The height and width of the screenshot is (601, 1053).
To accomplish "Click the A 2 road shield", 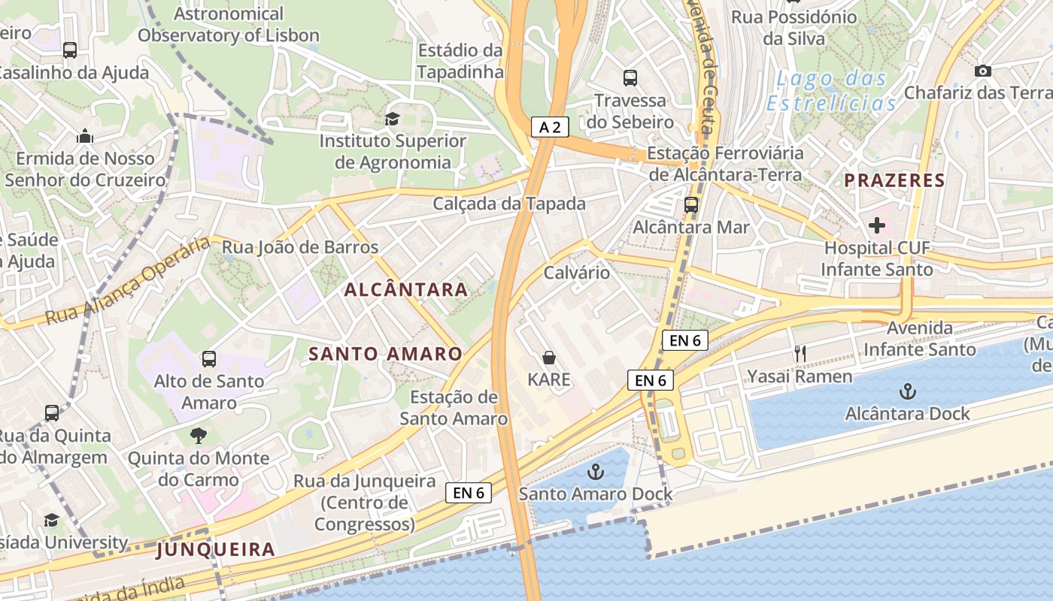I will click(x=550, y=127).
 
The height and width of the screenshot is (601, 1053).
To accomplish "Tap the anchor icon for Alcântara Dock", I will click(x=908, y=391).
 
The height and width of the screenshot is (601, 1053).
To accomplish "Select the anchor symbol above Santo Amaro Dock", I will click(x=596, y=472).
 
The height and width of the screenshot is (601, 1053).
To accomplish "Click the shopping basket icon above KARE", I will click(x=549, y=358).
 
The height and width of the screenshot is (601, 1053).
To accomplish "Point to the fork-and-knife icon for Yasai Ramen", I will click(x=800, y=354).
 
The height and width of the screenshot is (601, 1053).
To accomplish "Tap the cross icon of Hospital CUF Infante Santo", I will click(x=876, y=225).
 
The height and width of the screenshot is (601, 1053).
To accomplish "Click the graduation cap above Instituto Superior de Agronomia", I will click(x=391, y=119).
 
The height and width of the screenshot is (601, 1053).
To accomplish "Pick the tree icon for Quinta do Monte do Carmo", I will click(x=199, y=436).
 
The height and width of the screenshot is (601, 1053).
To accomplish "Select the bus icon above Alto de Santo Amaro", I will click(x=209, y=359).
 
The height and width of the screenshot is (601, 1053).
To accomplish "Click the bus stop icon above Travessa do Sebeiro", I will click(x=630, y=77).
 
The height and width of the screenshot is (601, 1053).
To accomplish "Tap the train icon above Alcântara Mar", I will click(x=690, y=204).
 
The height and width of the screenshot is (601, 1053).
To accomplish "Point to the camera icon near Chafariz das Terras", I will click(x=982, y=71).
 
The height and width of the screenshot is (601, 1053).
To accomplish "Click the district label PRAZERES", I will click(x=894, y=180).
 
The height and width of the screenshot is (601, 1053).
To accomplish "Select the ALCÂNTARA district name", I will click(x=406, y=289).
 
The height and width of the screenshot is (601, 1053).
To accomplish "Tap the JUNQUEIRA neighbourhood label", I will click(x=215, y=550).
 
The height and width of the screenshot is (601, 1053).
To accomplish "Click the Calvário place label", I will click(x=576, y=272).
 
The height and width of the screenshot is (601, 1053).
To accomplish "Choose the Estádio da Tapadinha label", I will click(x=460, y=61).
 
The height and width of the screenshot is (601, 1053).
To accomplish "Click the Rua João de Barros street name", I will click(x=299, y=247).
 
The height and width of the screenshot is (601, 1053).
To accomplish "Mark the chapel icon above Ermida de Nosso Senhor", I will click(x=85, y=137).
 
